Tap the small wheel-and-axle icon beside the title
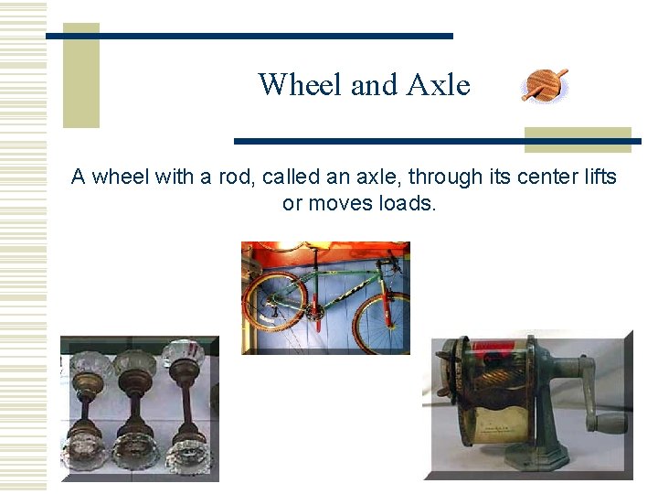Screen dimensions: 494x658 pos(545,85)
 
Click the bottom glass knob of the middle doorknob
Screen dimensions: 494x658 pos(135,449)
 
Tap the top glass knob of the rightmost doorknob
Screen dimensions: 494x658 pos(183,352)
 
